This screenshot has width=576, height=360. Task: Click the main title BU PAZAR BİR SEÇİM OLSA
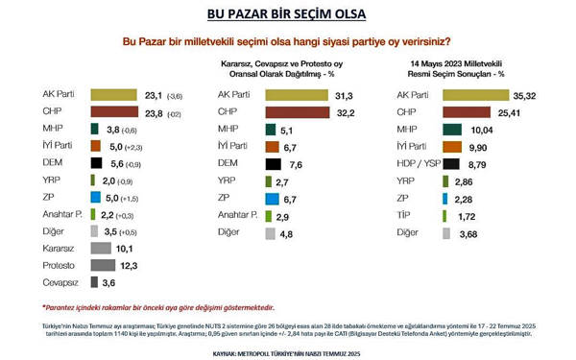[x=287, y=15]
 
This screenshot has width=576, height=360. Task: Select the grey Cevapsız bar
[x=95, y=281]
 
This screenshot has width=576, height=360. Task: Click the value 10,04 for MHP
[x=481, y=129]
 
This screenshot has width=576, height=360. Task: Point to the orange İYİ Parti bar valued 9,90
[x=454, y=146]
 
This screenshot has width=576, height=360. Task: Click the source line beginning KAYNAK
[x=287, y=352]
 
